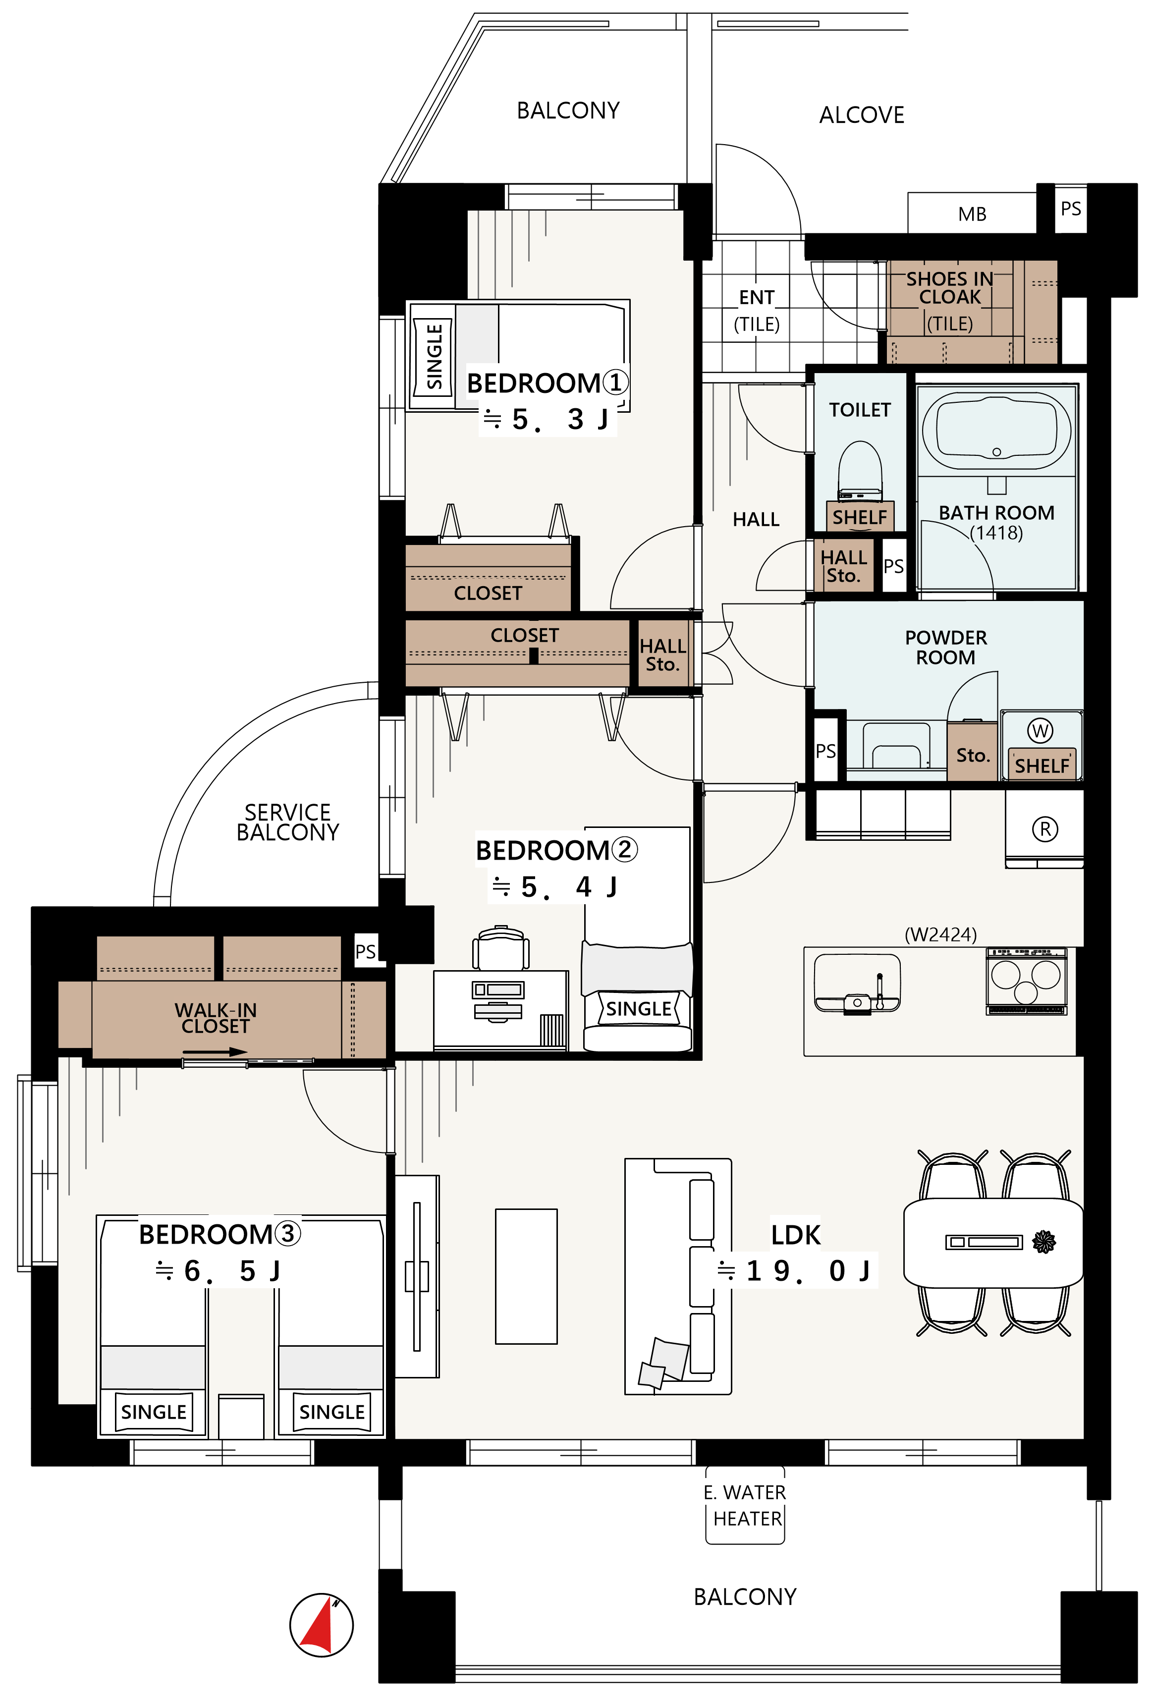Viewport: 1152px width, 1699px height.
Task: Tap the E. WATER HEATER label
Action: (745, 1505)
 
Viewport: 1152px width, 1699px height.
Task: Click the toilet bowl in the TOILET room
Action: (860, 470)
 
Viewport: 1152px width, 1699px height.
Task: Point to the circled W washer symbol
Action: (1040, 730)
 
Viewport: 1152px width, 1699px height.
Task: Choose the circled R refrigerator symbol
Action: (1044, 829)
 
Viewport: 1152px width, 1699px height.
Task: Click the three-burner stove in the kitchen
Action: (1026, 981)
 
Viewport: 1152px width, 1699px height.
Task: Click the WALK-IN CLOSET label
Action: (216, 1018)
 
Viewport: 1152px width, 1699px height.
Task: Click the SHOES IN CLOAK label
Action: (949, 288)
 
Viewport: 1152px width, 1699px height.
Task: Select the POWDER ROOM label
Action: (946, 647)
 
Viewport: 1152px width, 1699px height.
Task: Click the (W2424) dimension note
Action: (941, 934)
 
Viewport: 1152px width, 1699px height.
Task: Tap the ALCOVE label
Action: (862, 115)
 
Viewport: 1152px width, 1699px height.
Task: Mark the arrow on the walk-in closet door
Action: (216, 1052)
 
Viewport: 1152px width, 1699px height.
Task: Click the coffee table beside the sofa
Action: (526, 1276)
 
